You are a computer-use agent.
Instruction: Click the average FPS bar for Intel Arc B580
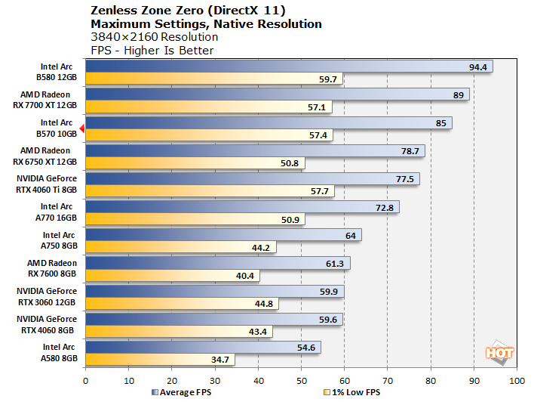click(x=287, y=66)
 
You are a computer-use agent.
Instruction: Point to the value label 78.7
click(x=410, y=151)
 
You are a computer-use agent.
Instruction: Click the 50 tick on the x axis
click(x=301, y=380)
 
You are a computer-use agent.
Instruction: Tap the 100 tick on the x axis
click(x=517, y=380)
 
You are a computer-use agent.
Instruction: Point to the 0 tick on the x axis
click(x=86, y=380)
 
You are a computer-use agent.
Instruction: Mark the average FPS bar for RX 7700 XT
click(x=275, y=94)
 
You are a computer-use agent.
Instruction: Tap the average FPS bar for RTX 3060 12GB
click(x=214, y=291)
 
